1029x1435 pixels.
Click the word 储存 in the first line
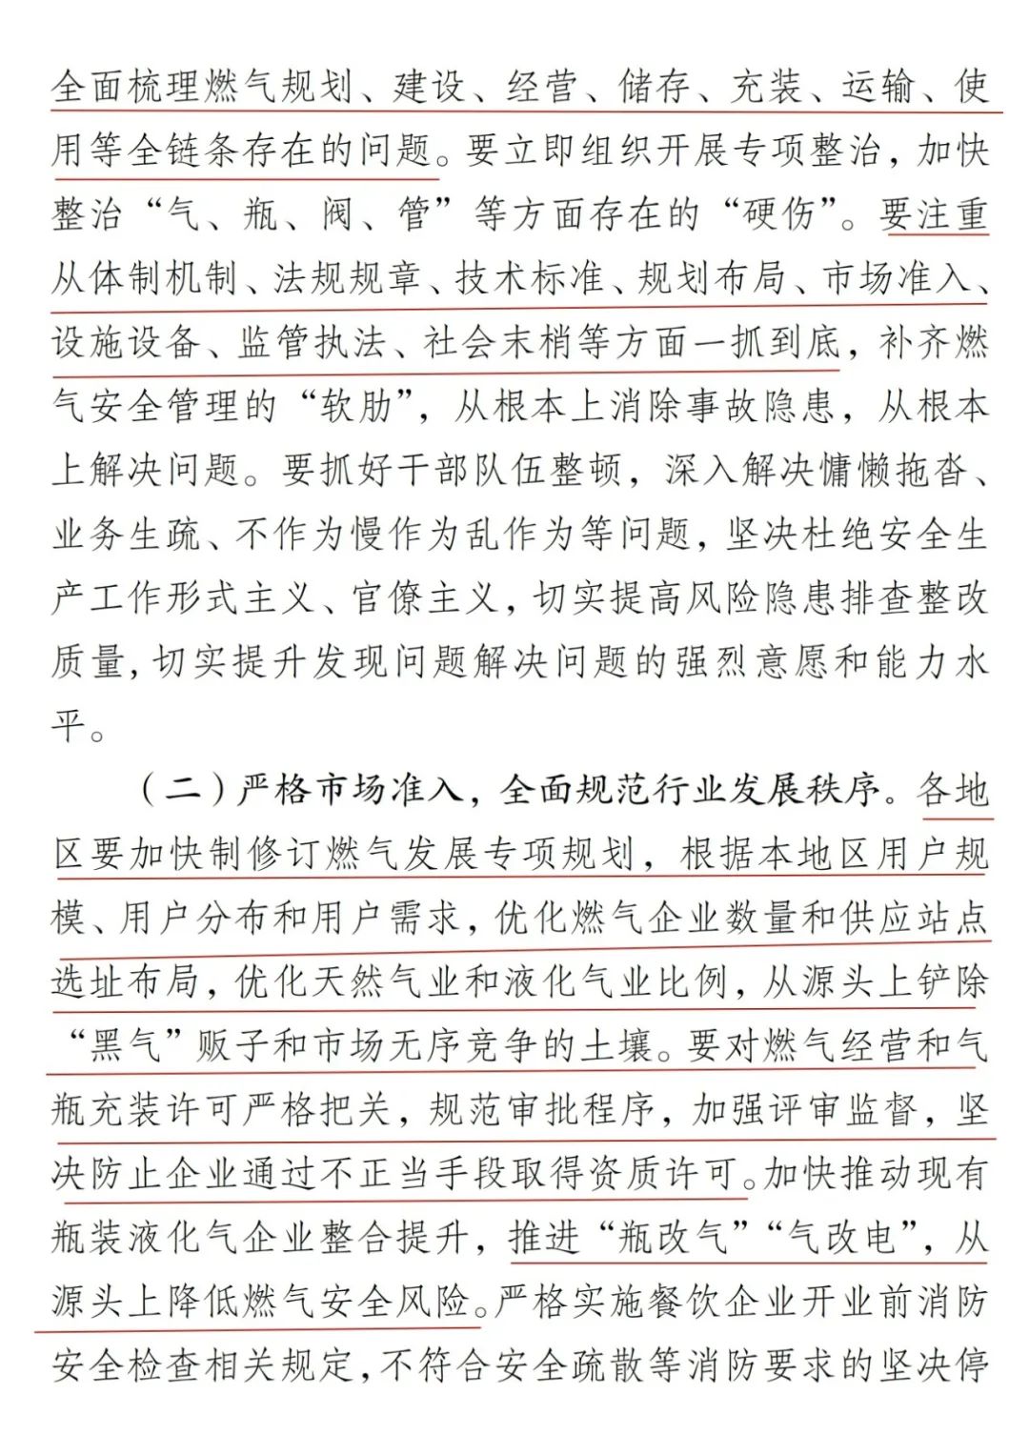point(654,88)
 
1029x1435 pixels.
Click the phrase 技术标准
point(529,278)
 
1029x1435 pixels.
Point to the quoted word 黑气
point(124,1046)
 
